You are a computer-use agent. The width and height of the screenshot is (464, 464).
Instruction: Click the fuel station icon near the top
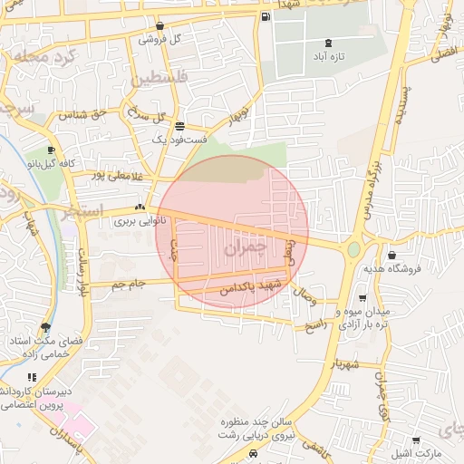[265, 17]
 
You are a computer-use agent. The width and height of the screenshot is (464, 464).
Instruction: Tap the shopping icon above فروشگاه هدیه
[391, 256]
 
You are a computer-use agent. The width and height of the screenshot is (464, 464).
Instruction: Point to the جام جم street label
[129, 285]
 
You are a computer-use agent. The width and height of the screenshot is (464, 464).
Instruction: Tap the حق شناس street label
[83, 115]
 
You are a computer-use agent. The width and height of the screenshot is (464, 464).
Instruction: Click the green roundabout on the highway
[353, 248]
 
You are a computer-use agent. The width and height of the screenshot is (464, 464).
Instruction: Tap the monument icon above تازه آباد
[327, 43]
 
